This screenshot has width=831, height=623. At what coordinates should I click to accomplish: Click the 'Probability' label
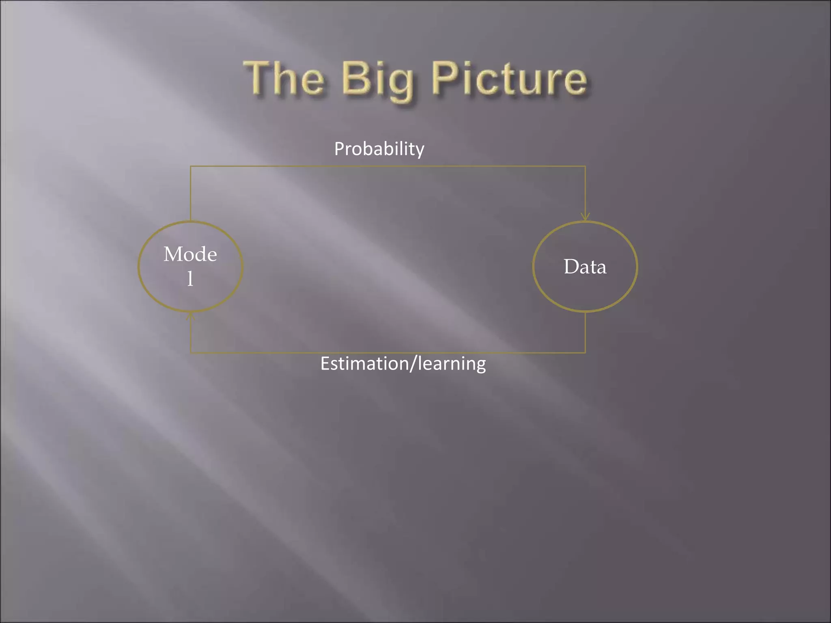379,149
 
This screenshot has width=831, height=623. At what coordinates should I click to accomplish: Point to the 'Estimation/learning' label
403,363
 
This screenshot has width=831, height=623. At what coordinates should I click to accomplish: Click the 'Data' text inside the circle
585,267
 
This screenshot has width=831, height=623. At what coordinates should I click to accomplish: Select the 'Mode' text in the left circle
190,254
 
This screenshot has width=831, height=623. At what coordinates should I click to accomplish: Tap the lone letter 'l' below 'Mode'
190,279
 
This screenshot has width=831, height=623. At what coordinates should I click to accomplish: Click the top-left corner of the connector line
191,166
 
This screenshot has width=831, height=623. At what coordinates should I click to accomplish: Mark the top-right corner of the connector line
585,166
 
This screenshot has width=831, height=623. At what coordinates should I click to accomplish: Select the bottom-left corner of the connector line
191,352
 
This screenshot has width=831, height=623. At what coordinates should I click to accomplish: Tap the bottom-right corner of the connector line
585,352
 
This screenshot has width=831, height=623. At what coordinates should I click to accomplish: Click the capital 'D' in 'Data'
571,267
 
